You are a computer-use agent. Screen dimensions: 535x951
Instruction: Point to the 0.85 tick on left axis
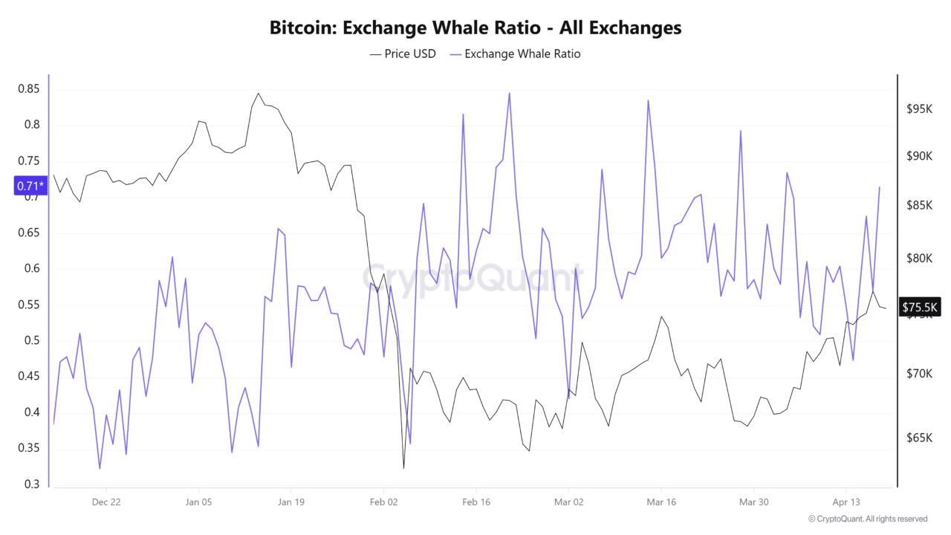click(29, 89)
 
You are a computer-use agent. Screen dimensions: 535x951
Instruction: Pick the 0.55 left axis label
click(29, 305)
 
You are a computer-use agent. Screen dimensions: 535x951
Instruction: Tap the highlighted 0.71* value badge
click(30, 186)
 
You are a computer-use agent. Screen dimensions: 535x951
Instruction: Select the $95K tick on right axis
click(918, 109)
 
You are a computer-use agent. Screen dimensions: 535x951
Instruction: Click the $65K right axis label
click(918, 438)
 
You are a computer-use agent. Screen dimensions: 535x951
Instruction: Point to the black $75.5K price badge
click(921, 307)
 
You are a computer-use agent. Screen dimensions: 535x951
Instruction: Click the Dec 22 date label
click(106, 502)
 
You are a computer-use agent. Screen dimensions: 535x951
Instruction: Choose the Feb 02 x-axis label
click(383, 502)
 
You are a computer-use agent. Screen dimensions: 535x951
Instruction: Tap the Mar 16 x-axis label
click(661, 502)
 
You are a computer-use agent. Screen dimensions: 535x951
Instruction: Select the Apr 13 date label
click(845, 502)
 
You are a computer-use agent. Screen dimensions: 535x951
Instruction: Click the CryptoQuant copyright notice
click(868, 519)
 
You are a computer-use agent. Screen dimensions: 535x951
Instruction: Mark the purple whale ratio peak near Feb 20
click(509, 93)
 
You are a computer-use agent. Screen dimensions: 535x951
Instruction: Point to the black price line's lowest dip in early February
click(403, 468)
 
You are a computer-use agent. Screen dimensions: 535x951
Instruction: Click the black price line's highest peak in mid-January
click(258, 93)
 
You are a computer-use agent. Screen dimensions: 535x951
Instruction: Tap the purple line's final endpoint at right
click(880, 187)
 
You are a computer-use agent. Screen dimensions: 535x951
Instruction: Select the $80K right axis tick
click(918, 259)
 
